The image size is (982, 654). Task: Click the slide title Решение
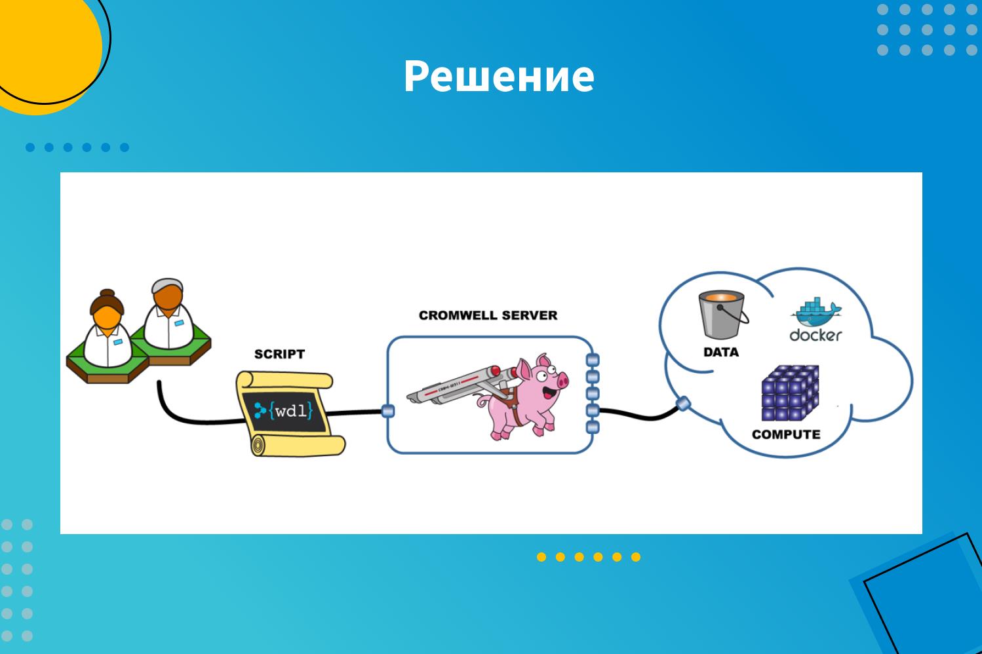(x=499, y=76)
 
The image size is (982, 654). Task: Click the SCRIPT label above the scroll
(x=279, y=354)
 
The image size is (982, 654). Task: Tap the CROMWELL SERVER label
(x=488, y=315)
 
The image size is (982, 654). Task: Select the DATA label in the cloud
(x=720, y=352)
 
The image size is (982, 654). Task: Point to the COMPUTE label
(x=786, y=434)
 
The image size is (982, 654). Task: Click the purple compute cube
(x=790, y=393)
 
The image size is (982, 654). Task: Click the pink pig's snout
(x=562, y=381)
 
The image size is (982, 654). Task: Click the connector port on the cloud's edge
(x=683, y=403)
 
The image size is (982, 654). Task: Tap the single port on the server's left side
(x=388, y=411)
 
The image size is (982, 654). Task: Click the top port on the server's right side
(x=592, y=360)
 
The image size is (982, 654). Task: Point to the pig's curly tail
(x=484, y=400)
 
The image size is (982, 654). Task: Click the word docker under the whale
(x=816, y=336)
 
